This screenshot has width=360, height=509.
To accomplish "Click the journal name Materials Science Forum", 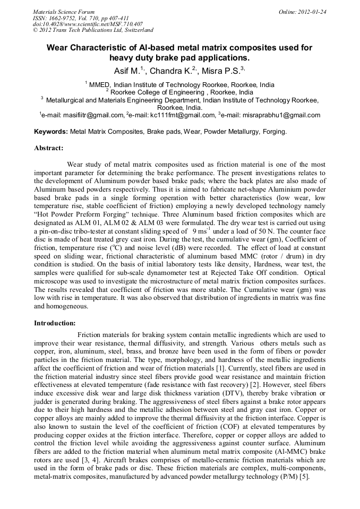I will [x=63, y=11].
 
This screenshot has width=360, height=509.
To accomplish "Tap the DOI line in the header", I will [x=88, y=24].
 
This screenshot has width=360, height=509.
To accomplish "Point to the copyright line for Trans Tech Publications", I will [x=93, y=30].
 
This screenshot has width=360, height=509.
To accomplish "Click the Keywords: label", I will [x=51, y=132].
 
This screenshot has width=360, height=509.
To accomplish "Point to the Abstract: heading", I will [x=48, y=148].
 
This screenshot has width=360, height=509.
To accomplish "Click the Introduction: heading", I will [x=55, y=323].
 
